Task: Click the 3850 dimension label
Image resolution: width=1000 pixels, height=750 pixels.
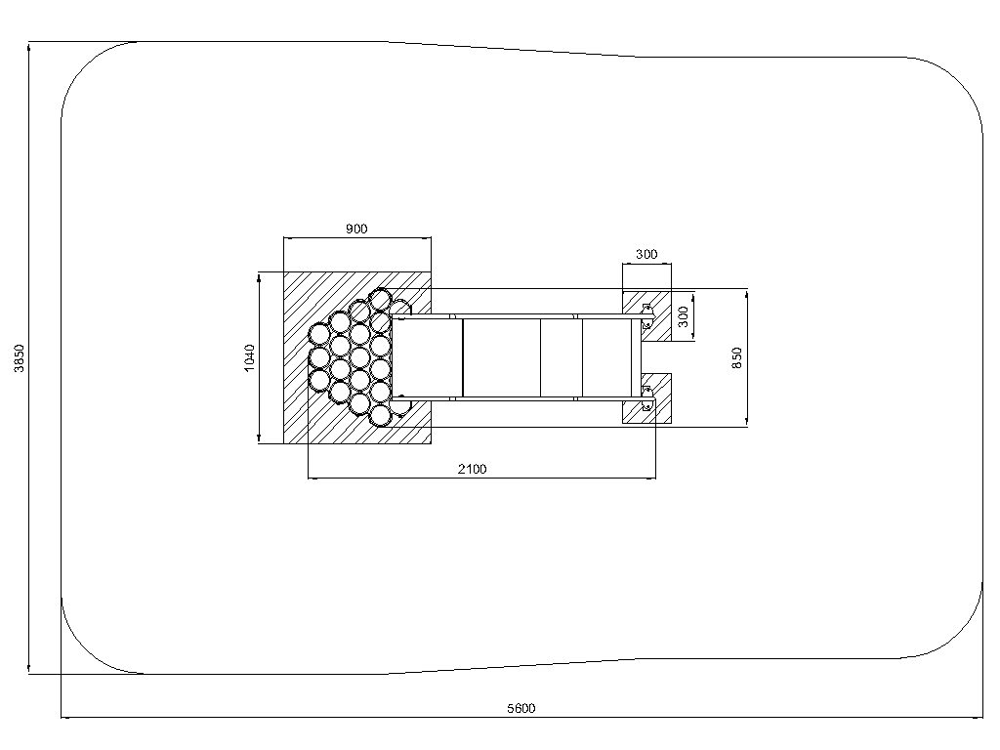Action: coord(20,358)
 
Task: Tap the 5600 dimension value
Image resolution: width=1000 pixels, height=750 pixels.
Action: coord(521,708)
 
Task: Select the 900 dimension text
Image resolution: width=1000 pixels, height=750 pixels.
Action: coord(356,229)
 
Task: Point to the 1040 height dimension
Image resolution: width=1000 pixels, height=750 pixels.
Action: coord(249,357)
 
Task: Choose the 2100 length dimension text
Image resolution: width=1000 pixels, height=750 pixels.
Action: coord(472,469)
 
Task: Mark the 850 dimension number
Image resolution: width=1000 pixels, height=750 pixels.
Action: coord(736,357)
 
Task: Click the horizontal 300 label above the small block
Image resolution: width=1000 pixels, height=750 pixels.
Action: coord(646,254)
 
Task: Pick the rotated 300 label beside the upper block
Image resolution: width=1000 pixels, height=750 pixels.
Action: coord(683,316)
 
